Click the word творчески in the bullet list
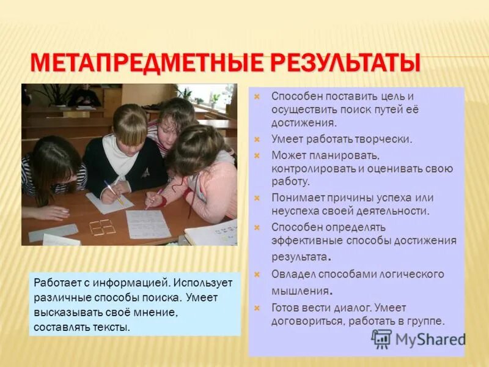tap(383, 139)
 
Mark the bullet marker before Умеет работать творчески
tap(257, 139)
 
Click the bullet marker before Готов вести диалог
tap(257, 308)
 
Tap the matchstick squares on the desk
tap(102, 227)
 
